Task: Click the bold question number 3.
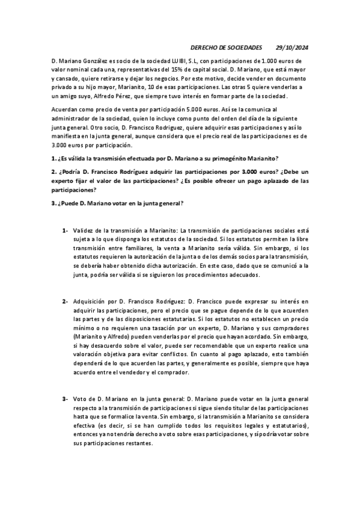[54, 203]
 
